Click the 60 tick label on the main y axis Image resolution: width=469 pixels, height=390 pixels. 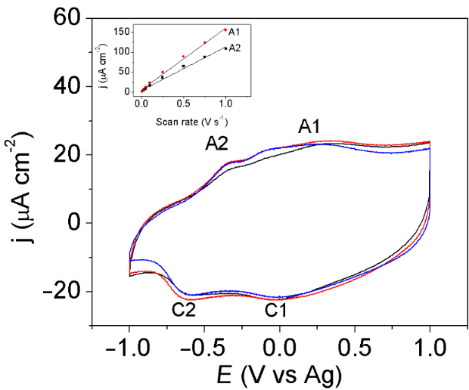click(x=66, y=17)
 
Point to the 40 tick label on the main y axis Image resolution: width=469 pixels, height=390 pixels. click(x=66, y=86)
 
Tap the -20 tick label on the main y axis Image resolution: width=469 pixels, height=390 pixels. click(x=61, y=292)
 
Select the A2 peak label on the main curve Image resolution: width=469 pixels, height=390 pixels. click(x=217, y=144)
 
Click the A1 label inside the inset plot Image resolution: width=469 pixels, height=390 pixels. click(x=234, y=31)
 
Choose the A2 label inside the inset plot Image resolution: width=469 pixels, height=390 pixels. click(x=234, y=48)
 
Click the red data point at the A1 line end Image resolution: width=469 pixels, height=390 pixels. click(x=225, y=29)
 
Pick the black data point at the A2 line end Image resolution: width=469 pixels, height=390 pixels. click(x=225, y=48)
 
